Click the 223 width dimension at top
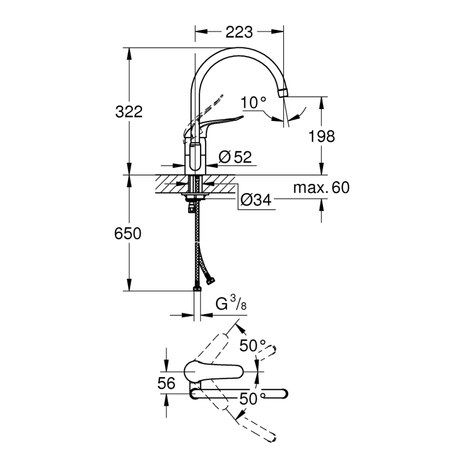(239, 32)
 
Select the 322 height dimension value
(128, 112)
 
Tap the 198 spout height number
(322, 136)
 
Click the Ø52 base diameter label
(235, 157)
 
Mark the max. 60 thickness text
(321, 188)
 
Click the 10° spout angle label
(253, 102)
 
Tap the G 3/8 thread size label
(230, 304)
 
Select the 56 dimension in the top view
(166, 383)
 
